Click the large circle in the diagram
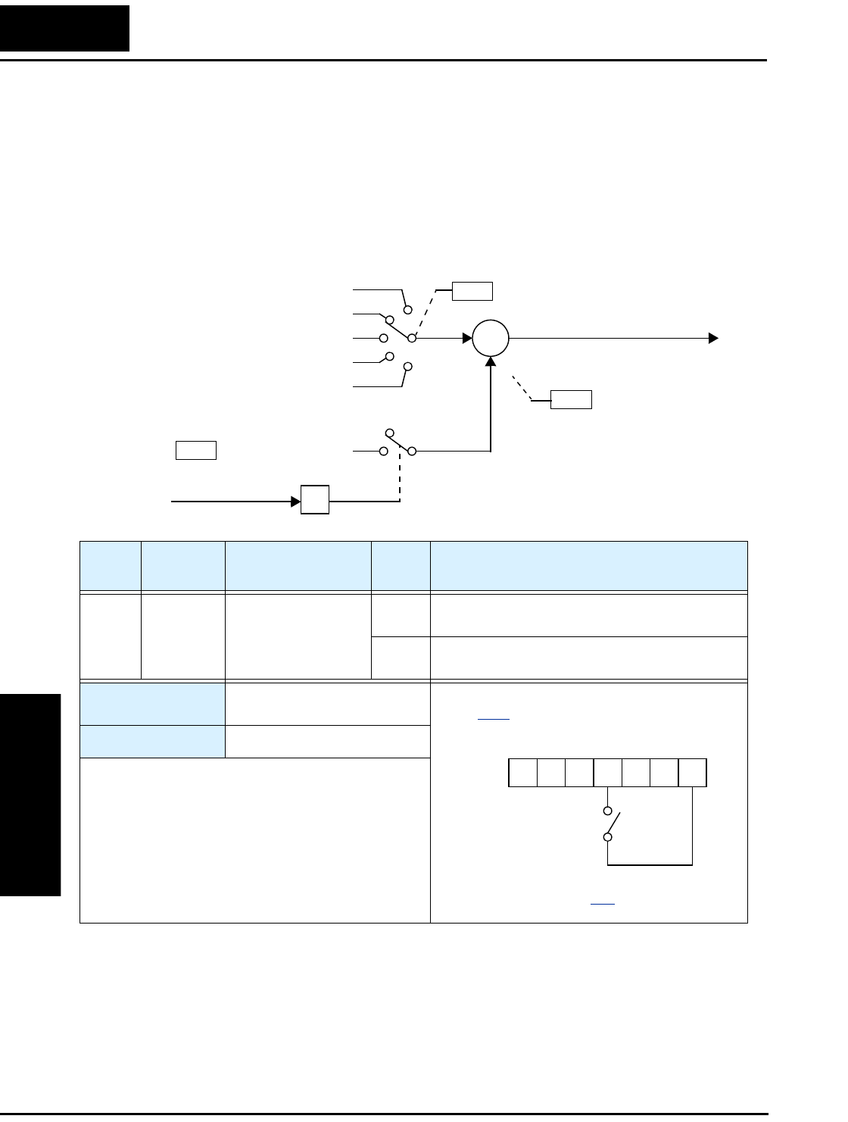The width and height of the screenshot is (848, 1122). point(491,338)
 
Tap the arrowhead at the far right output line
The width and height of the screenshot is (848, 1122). point(712,338)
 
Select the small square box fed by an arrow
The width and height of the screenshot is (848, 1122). point(315,500)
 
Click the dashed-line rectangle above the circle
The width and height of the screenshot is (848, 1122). point(472,291)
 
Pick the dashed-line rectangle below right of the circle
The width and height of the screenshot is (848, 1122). point(571,399)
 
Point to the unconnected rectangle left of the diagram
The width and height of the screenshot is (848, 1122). point(196,450)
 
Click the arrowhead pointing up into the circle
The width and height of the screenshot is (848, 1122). point(491,363)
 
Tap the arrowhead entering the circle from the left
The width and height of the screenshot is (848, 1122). point(466,338)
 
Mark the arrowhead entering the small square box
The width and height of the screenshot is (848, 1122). point(296,501)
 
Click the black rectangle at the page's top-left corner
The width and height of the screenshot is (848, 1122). point(64,28)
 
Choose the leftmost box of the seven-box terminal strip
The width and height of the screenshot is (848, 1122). point(522,772)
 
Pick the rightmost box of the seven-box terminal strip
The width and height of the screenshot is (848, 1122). point(693,772)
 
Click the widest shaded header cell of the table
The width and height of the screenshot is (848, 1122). point(588,565)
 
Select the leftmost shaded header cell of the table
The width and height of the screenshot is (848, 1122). point(111,565)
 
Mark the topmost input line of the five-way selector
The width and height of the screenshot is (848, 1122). point(379,289)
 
